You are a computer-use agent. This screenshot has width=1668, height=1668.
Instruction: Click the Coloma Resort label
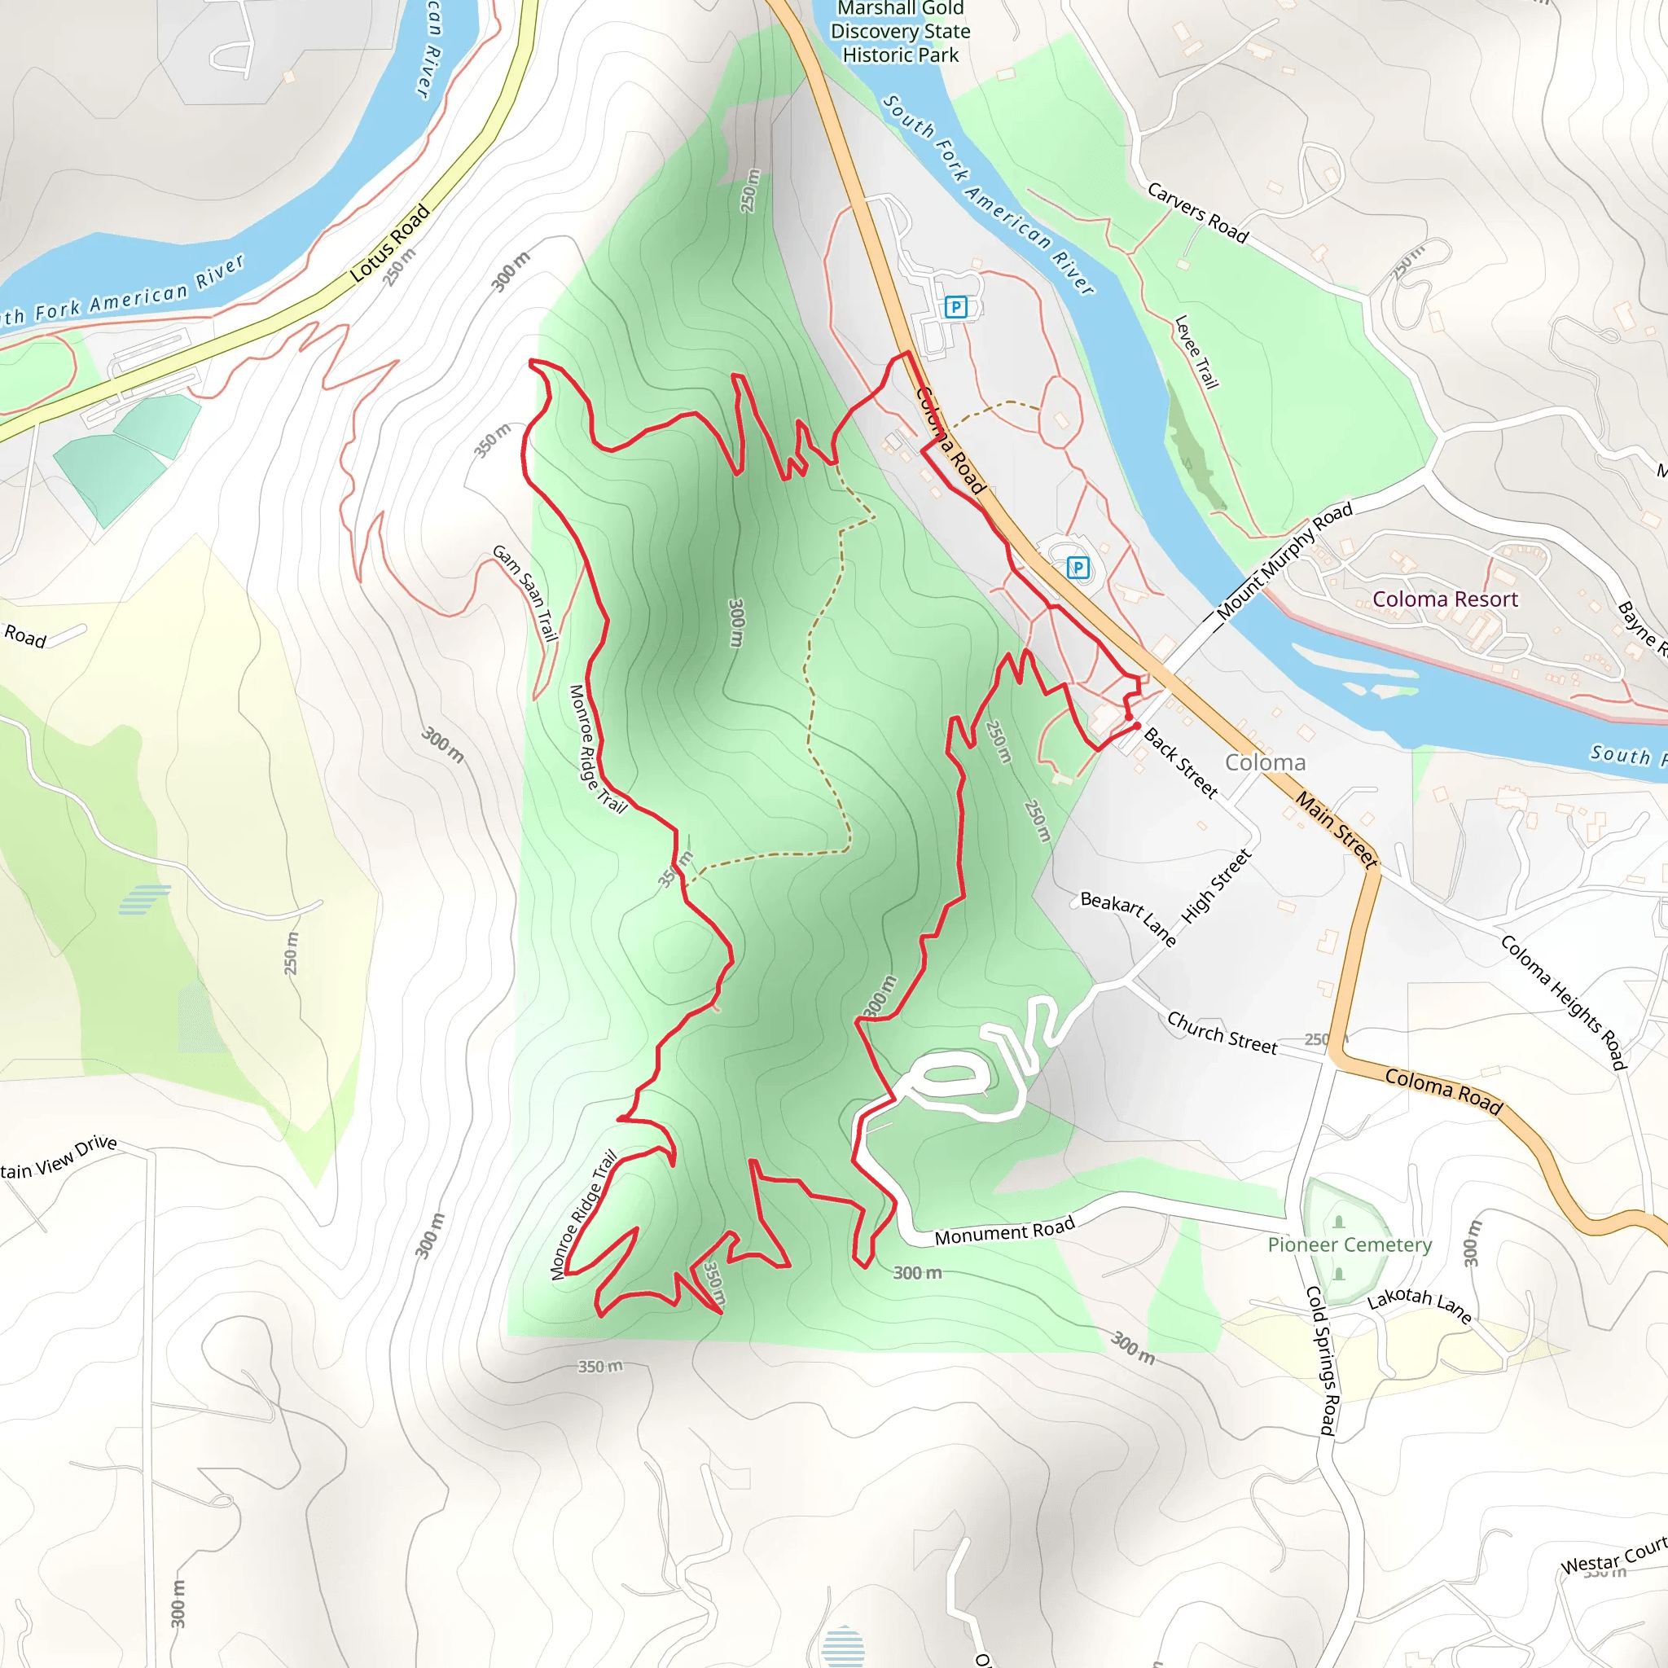(1444, 599)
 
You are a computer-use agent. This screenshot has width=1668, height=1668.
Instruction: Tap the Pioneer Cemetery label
(1350, 1244)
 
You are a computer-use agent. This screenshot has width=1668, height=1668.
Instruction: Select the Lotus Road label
(389, 244)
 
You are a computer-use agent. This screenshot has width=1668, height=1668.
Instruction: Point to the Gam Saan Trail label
(525, 592)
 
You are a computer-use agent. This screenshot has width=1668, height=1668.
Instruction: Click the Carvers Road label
(1197, 213)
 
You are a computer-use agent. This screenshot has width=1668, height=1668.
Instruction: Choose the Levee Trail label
(1196, 351)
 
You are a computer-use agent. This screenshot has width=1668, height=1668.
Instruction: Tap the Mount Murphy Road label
(1284, 561)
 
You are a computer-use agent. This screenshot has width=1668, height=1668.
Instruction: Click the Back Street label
(1180, 762)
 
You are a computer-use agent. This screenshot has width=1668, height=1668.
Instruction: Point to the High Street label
(1216, 886)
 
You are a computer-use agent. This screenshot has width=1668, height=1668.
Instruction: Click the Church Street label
(1222, 1033)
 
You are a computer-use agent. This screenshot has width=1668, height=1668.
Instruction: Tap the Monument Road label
(1004, 1231)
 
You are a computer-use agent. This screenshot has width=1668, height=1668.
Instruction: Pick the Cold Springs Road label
(1321, 1361)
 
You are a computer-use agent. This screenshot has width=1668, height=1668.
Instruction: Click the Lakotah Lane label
(1420, 1304)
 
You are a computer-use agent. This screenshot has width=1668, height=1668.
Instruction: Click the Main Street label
(1336, 829)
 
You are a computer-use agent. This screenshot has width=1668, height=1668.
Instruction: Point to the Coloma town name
(1265, 762)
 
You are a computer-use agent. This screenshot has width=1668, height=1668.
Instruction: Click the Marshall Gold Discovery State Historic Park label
(900, 32)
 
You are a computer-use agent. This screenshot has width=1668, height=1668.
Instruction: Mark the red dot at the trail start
(1137, 726)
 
